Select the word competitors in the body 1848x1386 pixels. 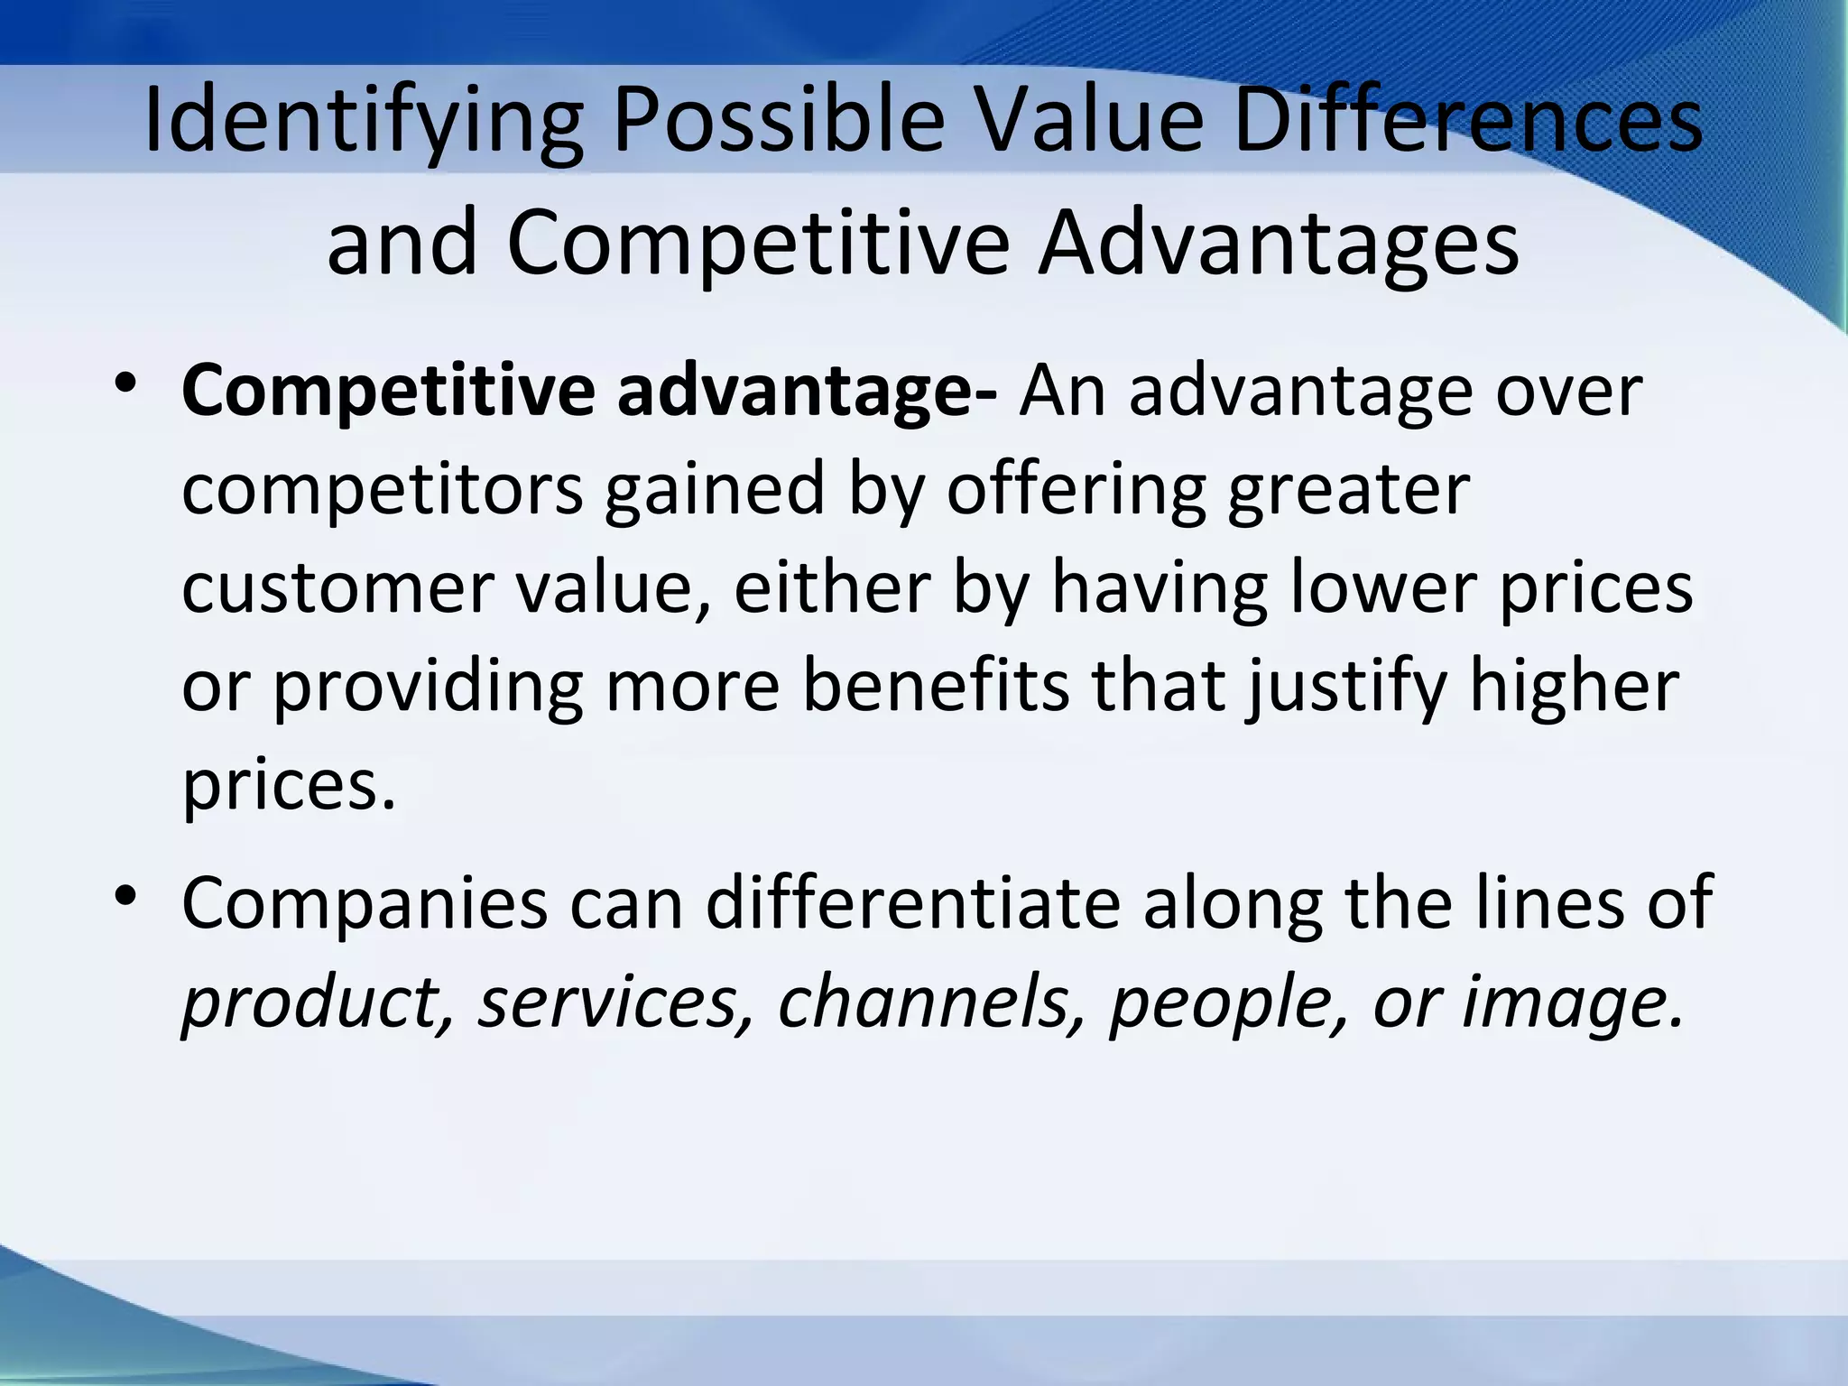[x=383, y=490]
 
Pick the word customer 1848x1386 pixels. [x=337, y=588]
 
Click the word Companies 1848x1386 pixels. [x=365, y=904]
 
